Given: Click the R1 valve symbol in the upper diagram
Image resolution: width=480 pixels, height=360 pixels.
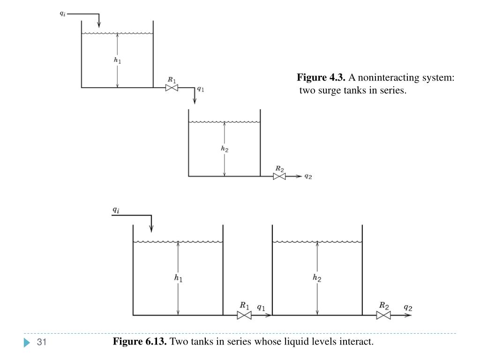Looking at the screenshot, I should (172, 88).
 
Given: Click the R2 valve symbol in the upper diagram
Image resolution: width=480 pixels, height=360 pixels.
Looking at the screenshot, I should (279, 177).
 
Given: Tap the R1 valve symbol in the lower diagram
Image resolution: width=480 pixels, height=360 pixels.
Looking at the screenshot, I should (244, 315).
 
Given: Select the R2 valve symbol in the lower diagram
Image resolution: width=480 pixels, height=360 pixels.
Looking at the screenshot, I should (383, 315).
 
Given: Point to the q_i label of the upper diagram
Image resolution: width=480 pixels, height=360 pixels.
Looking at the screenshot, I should (62, 14).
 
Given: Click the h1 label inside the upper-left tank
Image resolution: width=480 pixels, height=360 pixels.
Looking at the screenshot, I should (118, 60).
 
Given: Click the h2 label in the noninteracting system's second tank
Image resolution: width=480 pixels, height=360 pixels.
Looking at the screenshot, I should (225, 149).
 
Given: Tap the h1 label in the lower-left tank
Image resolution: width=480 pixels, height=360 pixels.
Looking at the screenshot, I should (178, 278).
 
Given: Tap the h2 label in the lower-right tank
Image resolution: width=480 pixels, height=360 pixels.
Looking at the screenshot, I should (317, 278).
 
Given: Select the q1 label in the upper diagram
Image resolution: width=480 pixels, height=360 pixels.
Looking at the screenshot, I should (200, 88).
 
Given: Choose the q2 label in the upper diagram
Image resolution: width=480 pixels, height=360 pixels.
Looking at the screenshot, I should (308, 177).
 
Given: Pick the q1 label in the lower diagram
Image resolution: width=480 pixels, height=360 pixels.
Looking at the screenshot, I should (261, 307).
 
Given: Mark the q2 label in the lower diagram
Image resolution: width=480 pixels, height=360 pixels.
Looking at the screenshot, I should (408, 307).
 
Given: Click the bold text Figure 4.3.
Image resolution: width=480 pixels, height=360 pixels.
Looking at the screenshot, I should (321, 77).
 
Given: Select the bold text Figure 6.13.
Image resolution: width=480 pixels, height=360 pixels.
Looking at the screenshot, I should (140, 342).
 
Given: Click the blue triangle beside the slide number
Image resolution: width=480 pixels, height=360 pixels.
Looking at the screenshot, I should (27, 343).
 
